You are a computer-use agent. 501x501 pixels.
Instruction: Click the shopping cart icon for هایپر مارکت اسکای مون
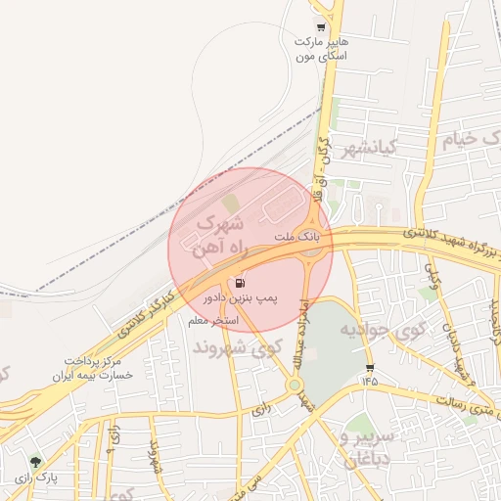click(x=320, y=26)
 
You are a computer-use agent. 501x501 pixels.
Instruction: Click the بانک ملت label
click(x=296, y=238)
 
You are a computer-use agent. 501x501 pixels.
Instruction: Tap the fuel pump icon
click(x=242, y=282)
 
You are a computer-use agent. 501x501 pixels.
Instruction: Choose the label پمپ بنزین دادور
click(x=241, y=296)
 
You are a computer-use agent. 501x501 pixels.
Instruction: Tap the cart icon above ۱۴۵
click(x=370, y=368)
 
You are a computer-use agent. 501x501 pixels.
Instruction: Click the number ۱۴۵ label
click(x=370, y=382)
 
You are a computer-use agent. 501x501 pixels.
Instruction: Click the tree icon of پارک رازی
click(x=36, y=462)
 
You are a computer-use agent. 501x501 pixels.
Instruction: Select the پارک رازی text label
click(x=36, y=478)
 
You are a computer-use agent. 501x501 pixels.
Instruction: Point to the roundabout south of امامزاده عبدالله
click(x=294, y=385)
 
